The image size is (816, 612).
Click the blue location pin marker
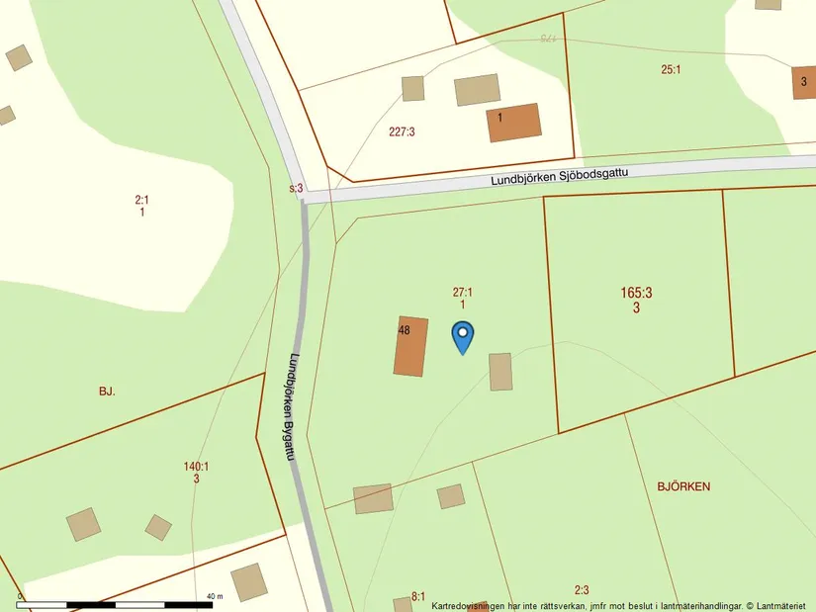(x=462, y=336)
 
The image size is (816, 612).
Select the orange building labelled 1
(x=513, y=123)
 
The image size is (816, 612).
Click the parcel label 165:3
(x=636, y=293)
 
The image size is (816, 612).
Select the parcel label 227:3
(x=402, y=131)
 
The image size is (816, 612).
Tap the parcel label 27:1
(x=462, y=293)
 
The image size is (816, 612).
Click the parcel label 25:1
(x=673, y=69)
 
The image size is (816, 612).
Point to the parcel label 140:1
(x=196, y=467)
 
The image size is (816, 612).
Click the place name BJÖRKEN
(x=683, y=486)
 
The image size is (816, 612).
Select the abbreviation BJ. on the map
(x=107, y=392)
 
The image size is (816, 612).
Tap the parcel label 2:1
(x=141, y=200)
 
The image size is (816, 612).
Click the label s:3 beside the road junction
(x=296, y=188)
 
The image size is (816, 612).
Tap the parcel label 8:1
(x=417, y=597)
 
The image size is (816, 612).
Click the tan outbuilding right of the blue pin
(x=500, y=372)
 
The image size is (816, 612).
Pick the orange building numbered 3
(x=804, y=82)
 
